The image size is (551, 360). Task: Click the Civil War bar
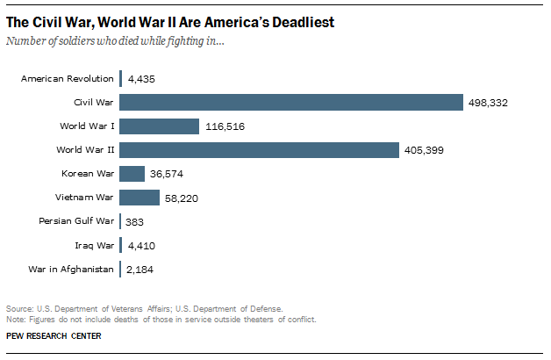[x=290, y=103]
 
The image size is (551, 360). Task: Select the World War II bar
[x=259, y=150]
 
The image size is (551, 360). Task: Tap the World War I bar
[x=159, y=126]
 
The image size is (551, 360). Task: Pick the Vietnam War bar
[x=139, y=198]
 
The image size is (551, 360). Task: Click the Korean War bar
[x=132, y=174]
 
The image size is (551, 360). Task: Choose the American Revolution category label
[x=68, y=79]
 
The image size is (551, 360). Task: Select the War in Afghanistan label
[x=71, y=269]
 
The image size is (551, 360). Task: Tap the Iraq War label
[x=95, y=245]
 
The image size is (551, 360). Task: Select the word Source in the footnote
[x=18, y=308]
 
